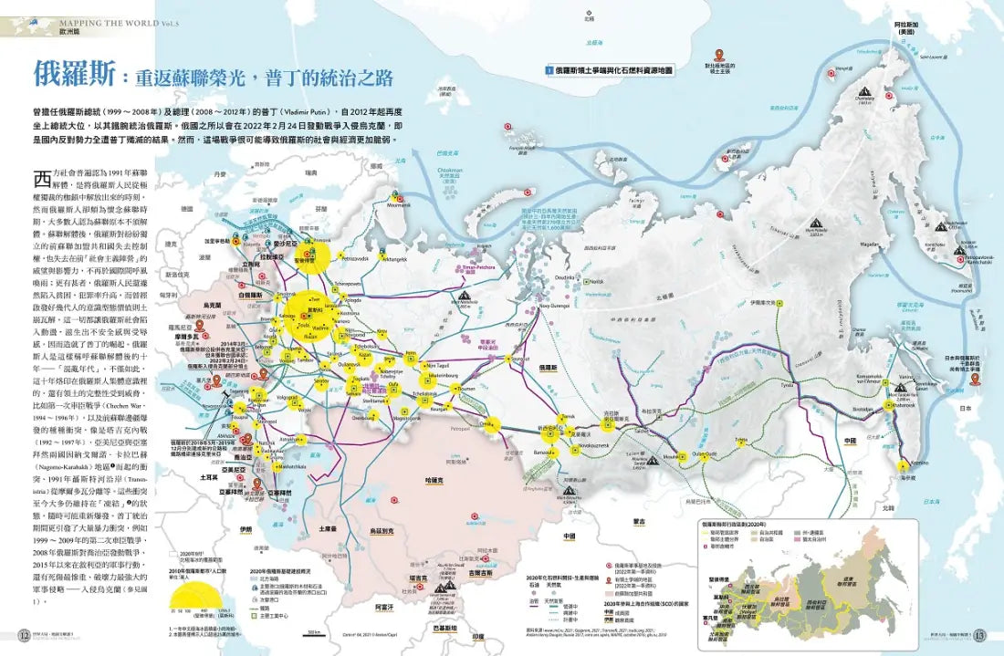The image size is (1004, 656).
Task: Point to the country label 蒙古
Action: (639, 522)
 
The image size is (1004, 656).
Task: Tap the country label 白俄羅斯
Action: (248, 297)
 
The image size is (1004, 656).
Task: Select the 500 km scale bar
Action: (315, 631)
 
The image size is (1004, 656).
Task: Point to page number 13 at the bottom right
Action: (980, 636)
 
